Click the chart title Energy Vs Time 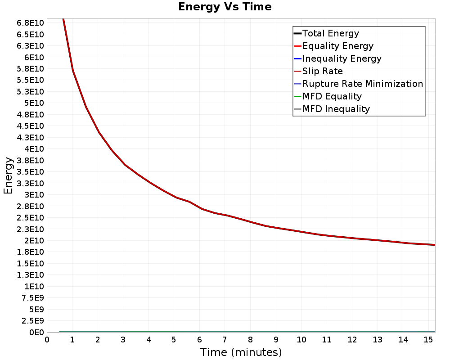[225, 7]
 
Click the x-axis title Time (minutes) [241, 352]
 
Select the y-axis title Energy [8, 175]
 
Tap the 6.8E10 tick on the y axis [30, 23]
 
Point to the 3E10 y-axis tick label [34, 195]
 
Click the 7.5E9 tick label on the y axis [33, 298]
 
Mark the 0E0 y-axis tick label [36, 332]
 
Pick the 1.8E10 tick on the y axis [30, 252]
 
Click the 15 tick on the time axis [428, 340]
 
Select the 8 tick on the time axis [250, 340]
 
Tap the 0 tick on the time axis [47, 340]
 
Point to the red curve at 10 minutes [301, 231]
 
